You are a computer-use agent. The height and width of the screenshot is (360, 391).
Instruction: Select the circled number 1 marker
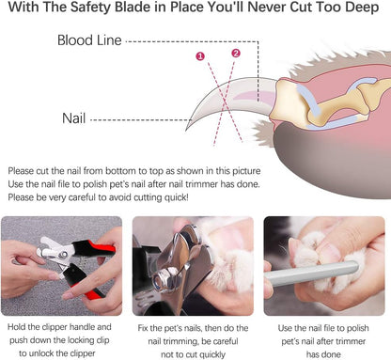(199, 56)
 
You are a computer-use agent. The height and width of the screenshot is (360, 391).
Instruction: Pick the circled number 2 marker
(235, 53)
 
